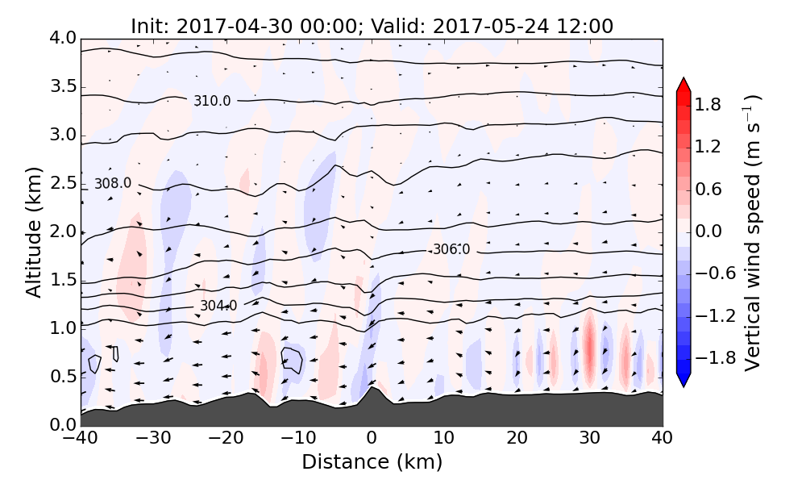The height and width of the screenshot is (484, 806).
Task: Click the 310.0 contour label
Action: tap(212, 101)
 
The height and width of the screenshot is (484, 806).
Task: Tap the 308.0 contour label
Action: tap(112, 183)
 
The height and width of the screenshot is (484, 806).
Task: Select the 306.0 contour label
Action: tap(451, 249)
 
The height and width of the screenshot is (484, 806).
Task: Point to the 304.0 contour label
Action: tap(218, 306)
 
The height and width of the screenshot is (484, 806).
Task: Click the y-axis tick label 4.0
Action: tap(61, 39)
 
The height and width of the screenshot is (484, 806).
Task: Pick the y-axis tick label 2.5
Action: tap(61, 183)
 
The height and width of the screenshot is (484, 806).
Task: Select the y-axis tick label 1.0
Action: tap(61, 328)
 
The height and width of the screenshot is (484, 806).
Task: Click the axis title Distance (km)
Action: tap(372, 462)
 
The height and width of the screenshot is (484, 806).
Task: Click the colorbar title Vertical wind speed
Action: tap(752, 232)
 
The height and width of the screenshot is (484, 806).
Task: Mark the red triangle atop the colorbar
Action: tap(683, 84)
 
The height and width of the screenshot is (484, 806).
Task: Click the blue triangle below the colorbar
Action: tap(683, 380)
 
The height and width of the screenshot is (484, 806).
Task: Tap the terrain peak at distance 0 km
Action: tap(372, 390)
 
